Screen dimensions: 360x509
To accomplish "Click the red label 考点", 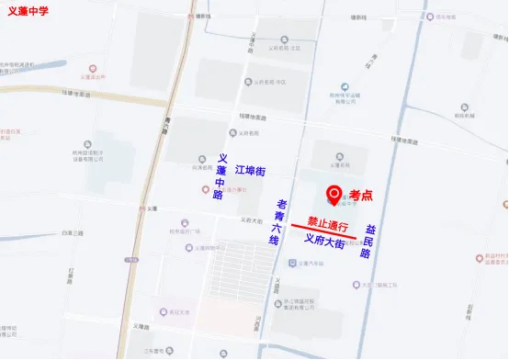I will [361, 195].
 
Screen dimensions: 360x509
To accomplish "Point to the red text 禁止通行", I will [329, 223].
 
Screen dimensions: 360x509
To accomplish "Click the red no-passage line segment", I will [323, 231].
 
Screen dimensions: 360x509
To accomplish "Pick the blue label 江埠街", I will [250, 171].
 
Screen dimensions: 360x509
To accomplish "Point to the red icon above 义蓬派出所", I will [92, 69].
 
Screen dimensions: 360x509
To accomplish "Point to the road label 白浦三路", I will [73, 233].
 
